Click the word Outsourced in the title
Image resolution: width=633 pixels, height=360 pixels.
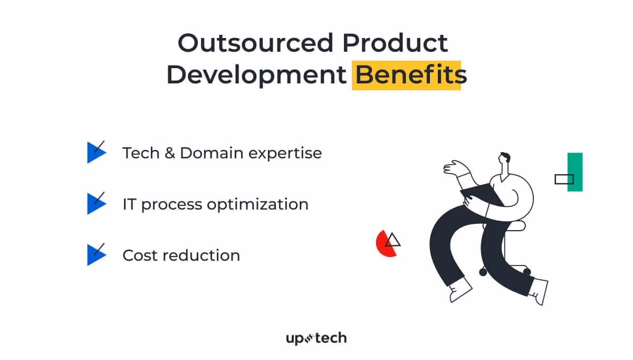click(x=255, y=43)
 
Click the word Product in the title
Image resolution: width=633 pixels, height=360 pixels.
click(x=395, y=43)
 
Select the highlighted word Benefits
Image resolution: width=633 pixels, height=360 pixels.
click(x=407, y=75)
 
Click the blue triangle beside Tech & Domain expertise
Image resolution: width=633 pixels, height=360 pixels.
click(x=95, y=153)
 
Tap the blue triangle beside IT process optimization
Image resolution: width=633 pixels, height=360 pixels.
click(x=95, y=204)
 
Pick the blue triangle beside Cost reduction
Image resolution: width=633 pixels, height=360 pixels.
click(x=95, y=255)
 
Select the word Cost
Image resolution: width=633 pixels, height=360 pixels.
click(x=140, y=255)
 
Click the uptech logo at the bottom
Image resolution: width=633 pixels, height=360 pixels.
click(x=316, y=338)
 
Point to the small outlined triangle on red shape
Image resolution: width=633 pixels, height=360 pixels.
click(x=392, y=241)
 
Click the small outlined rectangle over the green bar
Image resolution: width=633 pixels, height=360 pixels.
click(x=564, y=179)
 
